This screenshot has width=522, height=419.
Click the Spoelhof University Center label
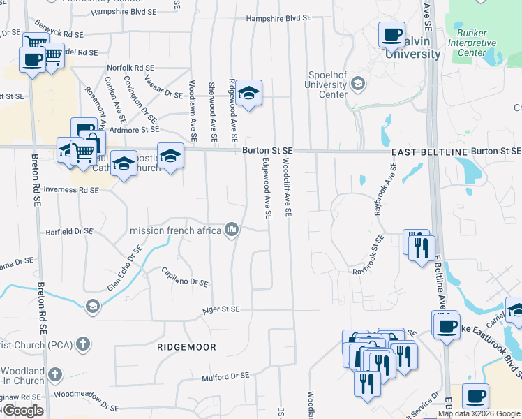click(322, 84)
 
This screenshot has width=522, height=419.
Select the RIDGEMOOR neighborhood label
click(186, 347)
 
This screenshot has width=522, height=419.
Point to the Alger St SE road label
click(221, 309)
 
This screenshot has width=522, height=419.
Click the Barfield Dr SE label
click(70, 231)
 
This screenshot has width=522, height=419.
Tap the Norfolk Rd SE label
click(130, 67)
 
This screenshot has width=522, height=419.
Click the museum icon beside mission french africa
click(232, 229)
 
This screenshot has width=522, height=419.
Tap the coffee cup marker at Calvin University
click(391, 34)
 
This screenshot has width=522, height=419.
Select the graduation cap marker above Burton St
click(248, 93)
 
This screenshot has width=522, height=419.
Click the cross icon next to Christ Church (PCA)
click(82, 344)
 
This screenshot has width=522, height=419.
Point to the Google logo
click(22, 411)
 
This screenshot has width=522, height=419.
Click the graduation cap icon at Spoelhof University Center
click(358, 84)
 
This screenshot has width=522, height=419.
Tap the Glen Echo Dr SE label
click(124, 267)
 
